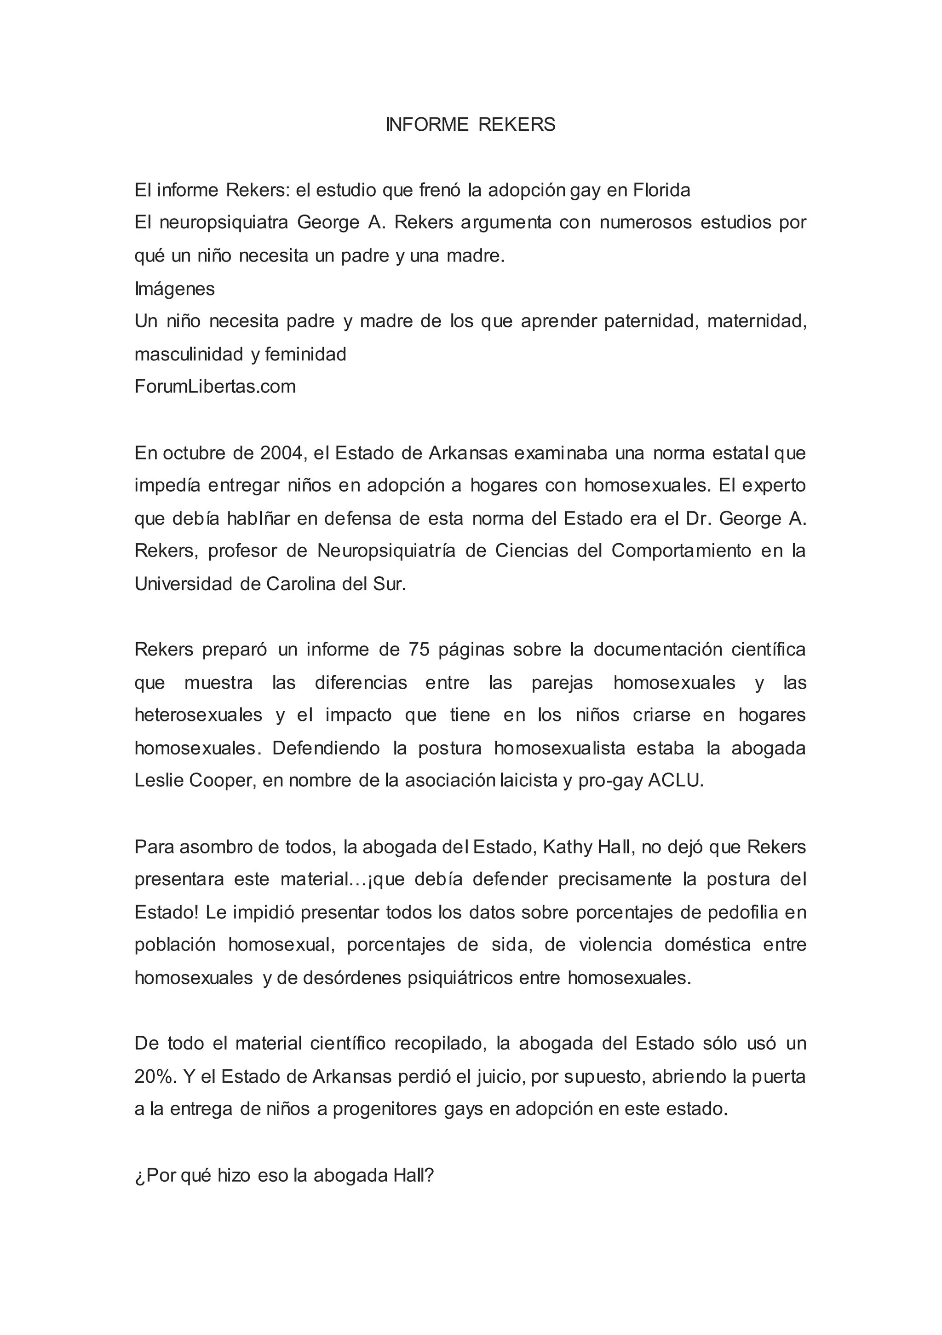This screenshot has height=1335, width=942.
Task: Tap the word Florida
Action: (x=661, y=190)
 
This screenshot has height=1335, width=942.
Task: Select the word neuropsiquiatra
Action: (x=225, y=223)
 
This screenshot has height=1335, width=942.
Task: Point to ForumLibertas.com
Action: (x=215, y=386)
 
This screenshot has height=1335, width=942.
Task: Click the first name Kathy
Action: (x=567, y=847)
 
